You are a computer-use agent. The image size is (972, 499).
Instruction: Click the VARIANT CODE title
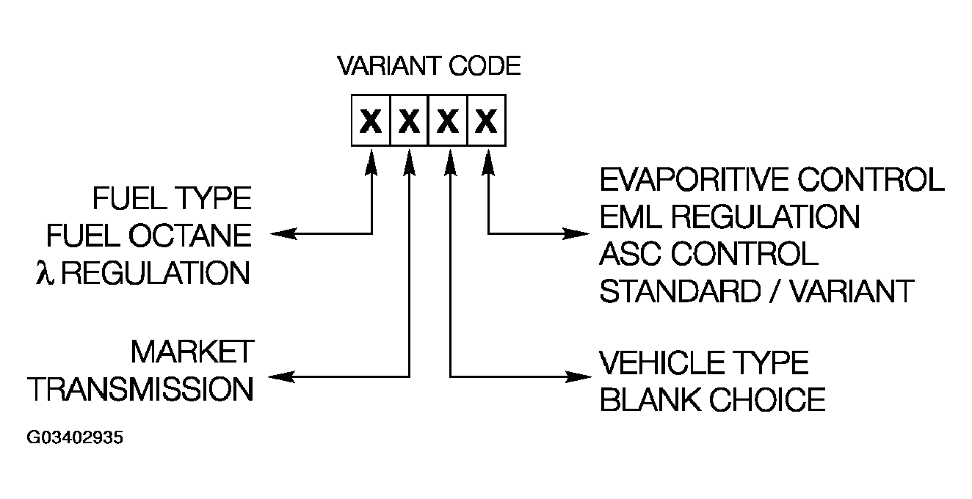pos(429,67)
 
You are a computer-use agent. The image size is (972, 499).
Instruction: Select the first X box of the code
pos(371,119)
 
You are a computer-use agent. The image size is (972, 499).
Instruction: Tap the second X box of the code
pos(410,119)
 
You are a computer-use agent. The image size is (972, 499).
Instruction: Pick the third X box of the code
pos(448,119)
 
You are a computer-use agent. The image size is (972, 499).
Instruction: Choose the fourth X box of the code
pos(486,119)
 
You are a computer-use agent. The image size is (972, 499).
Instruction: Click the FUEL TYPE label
pos(172,198)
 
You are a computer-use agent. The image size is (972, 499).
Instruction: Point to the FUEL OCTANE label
pos(149,236)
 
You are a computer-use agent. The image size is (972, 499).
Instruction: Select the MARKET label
pos(192,352)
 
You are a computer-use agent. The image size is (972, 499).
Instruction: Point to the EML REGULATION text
pos(729,216)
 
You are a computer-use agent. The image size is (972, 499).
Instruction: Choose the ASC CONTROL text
pos(708,254)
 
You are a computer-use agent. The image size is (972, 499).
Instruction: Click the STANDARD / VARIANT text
pos(756,291)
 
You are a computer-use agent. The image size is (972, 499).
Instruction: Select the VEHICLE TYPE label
pos(704,363)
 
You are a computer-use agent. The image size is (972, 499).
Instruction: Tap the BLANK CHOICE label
pos(712,400)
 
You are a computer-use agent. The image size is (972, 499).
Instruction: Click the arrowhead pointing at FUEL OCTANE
pos(280,234)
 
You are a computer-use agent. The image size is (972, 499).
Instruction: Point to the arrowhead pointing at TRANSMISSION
pos(280,376)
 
